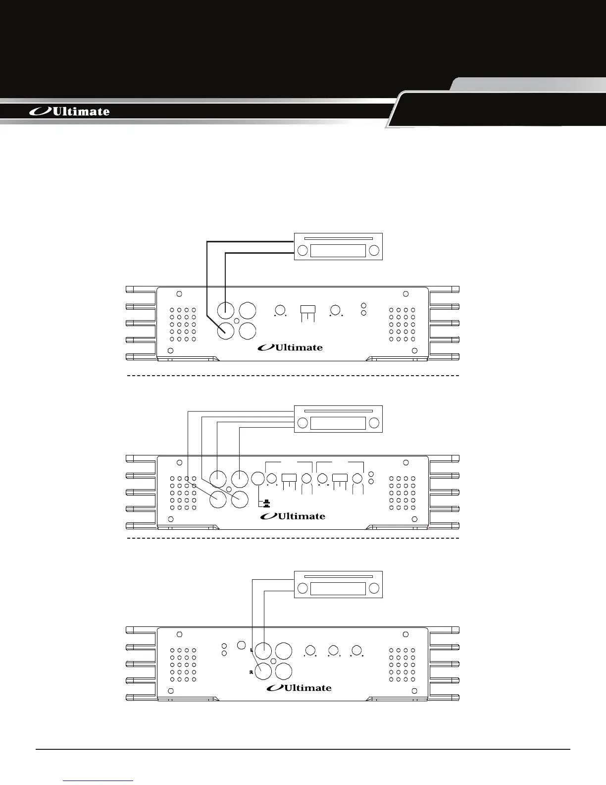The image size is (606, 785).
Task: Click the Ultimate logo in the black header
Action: (x=70, y=112)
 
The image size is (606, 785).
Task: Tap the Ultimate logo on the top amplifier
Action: (x=290, y=347)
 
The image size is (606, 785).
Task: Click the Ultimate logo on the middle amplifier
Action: (x=293, y=516)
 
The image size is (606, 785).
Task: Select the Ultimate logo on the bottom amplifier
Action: (x=299, y=688)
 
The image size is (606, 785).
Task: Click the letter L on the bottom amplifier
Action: (x=252, y=650)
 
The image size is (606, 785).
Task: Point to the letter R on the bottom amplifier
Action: (x=251, y=673)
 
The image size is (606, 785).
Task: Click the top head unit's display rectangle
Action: (x=338, y=251)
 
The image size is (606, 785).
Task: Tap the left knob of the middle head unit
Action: (x=303, y=423)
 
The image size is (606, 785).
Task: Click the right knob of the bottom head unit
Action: (x=374, y=589)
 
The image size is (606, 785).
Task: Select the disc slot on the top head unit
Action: (x=338, y=238)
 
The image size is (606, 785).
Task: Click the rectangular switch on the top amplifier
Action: (x=308, y=309)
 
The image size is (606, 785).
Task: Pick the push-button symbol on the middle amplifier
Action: (x=266, y=504)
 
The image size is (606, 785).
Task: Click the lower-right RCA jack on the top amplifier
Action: (x=248, y=331)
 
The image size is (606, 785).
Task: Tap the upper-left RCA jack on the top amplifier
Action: (x=226, y=311)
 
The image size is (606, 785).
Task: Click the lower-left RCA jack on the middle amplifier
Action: (x=218, y=499)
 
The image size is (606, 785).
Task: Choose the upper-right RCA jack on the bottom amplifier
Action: (x=284, y=651)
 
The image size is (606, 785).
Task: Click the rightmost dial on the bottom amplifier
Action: (x=356, y=651)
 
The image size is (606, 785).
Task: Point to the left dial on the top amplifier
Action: (x=280, y=310)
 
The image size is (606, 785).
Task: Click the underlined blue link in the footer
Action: (x=99, y=780)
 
